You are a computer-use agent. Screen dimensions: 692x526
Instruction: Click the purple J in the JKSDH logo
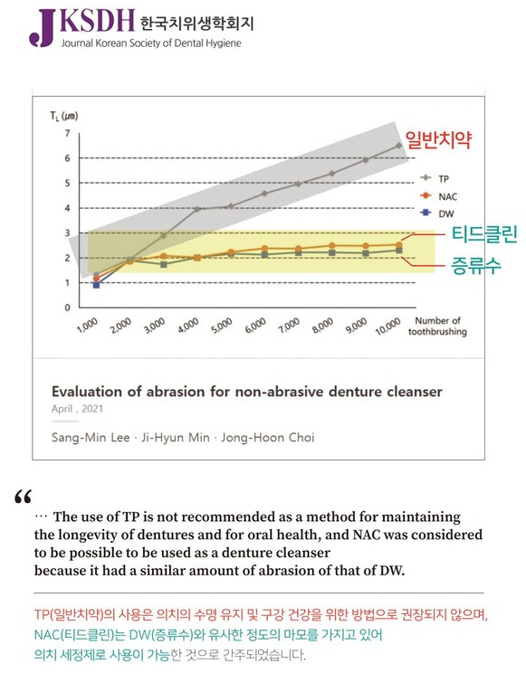point(41,28)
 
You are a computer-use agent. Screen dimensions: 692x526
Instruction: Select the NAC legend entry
point(435,194)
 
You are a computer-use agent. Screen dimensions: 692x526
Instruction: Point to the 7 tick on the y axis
point(66,134)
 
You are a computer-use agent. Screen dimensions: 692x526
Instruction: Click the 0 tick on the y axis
point(66,308)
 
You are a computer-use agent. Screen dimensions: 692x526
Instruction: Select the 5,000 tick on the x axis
point(222,327)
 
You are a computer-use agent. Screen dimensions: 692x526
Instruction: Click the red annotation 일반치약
point(439,139)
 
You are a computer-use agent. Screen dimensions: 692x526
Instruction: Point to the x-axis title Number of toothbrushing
point(439,326)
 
